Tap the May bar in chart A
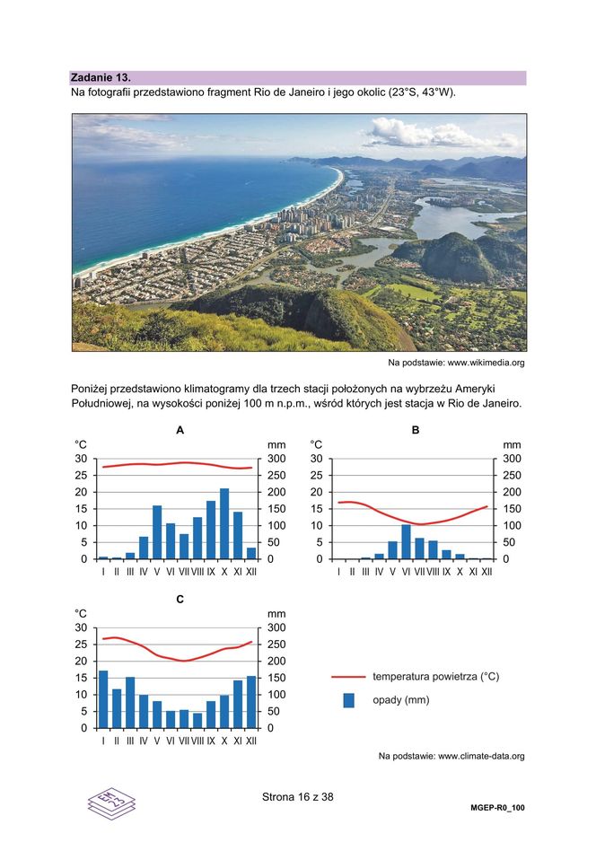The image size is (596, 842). pyautogui.click(x=157, y=532)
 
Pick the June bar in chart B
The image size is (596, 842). pyautogui.click(x=406, y=542)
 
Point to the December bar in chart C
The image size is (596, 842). pyautogui.click(x=251, y=702)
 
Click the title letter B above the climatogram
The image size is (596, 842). pyautogui.click(x=416, y=430)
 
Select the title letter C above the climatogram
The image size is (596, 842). pyautogui.click(x=180, y=598)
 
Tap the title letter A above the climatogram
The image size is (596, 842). pyautogui.click(x=180, y=430)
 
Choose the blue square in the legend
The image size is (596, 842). pyautogui.click(x=349, y=700)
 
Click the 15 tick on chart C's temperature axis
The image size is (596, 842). pyautogui.click(x=81, y=678)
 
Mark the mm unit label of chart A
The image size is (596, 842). pyautogui.click(x=276, y=444)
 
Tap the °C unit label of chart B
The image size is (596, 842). pyautogui.click(x=316, y=444)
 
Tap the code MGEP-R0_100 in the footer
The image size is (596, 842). pyautogui.click(x=497, y=808)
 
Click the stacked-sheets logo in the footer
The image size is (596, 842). pyautogui.click(x=111, y=801)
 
